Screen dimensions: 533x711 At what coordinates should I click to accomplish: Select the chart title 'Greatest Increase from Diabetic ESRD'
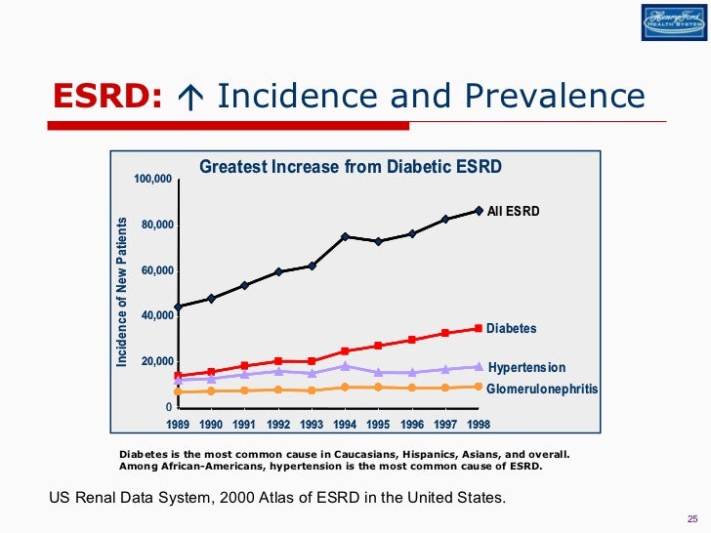tap(351, 167)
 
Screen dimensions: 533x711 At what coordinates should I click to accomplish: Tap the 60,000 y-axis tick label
tap(155, 270)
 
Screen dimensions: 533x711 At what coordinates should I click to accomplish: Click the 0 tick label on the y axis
tap(168, 407)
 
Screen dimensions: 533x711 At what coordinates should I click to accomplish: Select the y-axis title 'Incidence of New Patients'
tap(122, 291)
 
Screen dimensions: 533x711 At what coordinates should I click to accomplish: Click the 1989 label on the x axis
tap(178, 425)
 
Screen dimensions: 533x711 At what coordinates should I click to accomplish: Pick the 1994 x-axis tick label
tap(345, 425)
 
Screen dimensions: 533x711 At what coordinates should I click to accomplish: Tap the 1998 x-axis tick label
tap(478, 425)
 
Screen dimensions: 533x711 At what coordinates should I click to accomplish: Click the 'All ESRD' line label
tap(514, 210)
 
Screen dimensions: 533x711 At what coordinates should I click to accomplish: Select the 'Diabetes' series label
tap(512, 329)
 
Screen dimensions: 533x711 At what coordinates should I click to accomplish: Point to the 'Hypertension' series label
tap(526, 368)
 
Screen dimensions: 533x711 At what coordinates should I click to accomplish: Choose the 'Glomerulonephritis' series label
tap(542, 389)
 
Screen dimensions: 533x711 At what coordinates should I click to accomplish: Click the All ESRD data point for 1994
tap(345, 236)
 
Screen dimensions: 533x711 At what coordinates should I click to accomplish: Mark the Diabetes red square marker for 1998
tap(479, 328)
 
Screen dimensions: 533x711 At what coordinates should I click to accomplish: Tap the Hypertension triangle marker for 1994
tap(345, 366)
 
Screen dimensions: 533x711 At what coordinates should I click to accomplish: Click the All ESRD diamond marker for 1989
tap(178, 307)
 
